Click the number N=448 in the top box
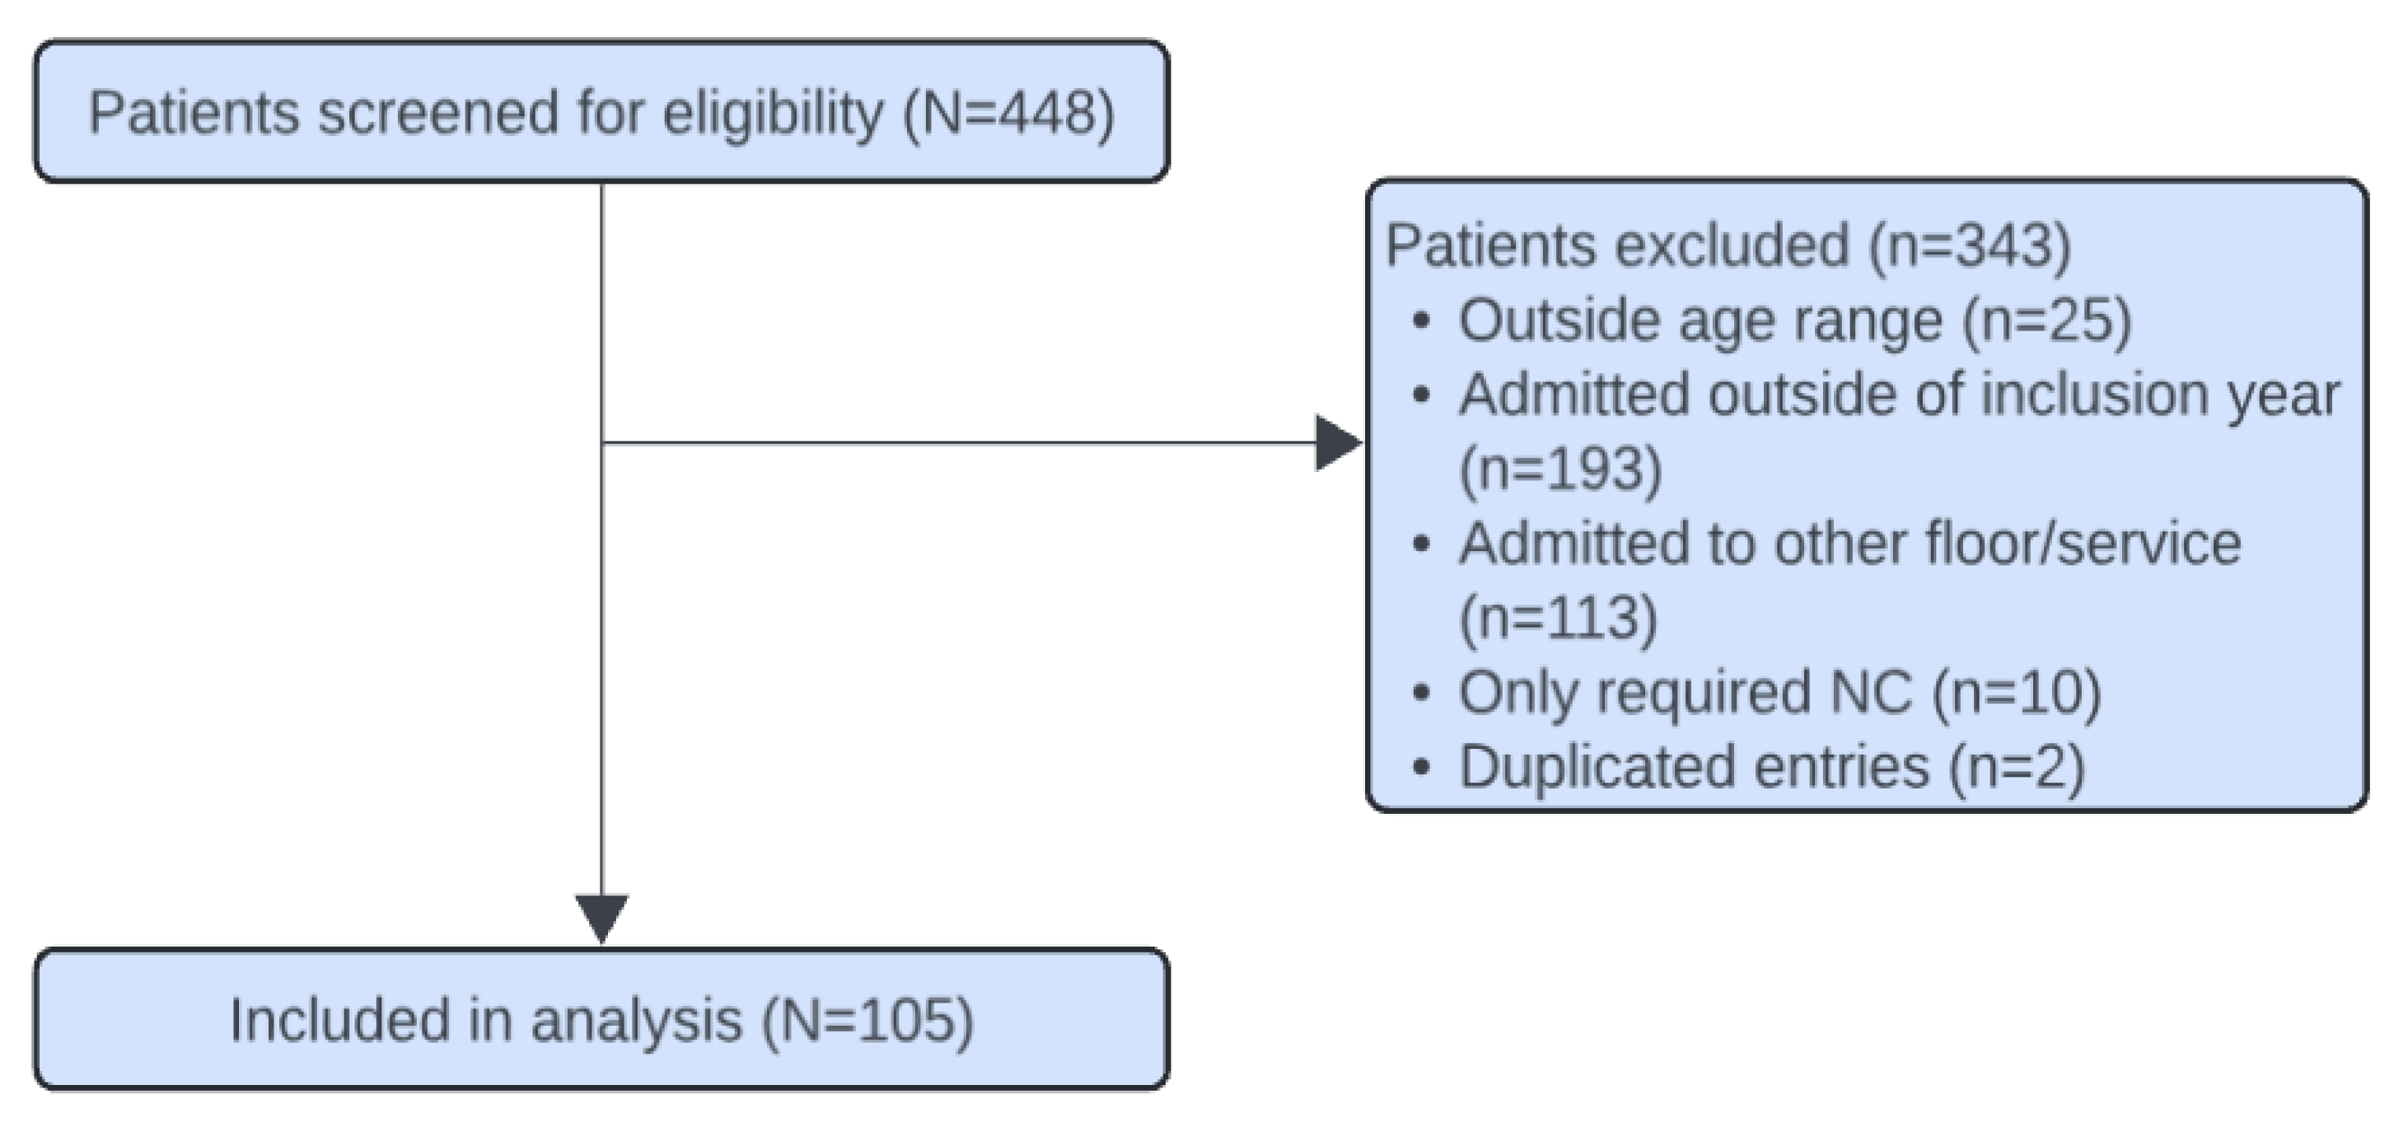coord(1008,114)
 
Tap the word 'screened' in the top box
coord(437,114)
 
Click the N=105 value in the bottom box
coord(868,1020)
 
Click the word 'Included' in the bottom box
coord(340,1020)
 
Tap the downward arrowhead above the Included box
coord(601,917)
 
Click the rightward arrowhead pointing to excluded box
coord(1336,443)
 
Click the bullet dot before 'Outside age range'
coord(1420,321)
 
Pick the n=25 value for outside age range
coord(2047,321)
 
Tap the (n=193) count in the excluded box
coord(1560,470)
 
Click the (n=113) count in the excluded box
coord(1559,618)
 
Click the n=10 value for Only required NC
coord(2017,692)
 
